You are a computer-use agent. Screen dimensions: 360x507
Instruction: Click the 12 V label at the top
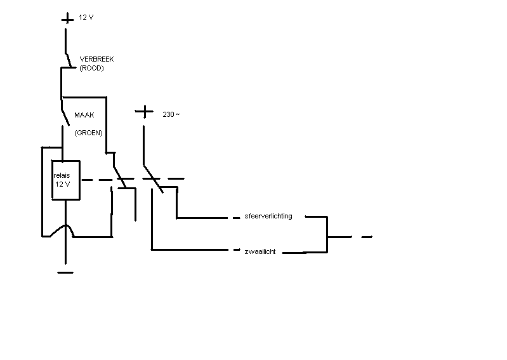86,18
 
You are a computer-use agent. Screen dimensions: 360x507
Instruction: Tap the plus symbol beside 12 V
67,18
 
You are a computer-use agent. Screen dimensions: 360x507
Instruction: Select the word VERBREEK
96,59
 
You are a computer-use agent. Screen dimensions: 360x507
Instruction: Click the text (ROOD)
91,68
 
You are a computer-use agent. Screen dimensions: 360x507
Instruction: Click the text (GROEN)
88,133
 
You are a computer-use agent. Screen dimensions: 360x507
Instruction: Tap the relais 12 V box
65,180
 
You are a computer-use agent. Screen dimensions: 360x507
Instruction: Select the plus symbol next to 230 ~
145,112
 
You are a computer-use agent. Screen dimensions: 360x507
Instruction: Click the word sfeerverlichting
268,216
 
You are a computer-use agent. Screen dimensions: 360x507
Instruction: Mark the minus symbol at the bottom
65,272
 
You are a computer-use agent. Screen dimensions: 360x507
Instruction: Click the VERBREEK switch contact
68,58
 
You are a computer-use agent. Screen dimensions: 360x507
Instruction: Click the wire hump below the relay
65,230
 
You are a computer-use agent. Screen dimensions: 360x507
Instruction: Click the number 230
168,114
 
